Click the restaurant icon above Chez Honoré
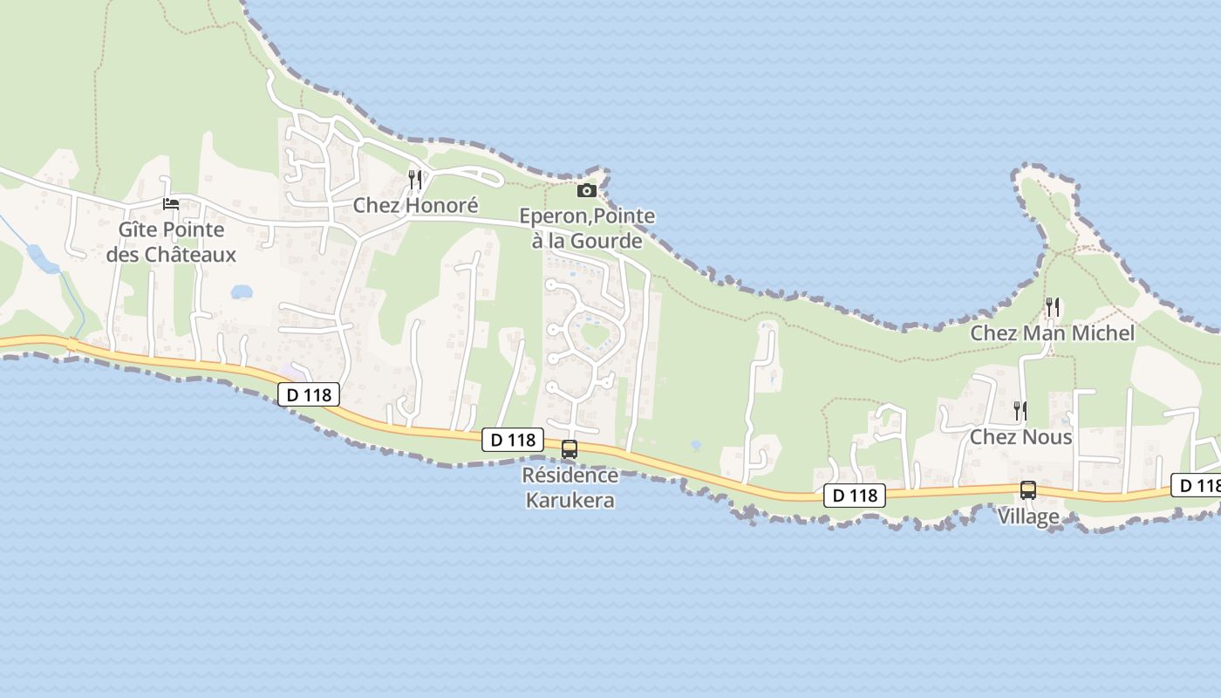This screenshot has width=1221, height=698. point(415,180)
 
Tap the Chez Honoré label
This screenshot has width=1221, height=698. point(415,206)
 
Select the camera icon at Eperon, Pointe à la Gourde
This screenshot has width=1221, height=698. point(587,190)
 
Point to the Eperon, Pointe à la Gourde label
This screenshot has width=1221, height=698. point(587,228)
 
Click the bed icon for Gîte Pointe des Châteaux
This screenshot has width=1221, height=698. point(171,204)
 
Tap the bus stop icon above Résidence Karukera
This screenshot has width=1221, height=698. point(569,449)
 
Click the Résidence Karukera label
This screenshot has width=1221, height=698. point(570,488)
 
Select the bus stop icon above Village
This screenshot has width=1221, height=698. point(1028,490)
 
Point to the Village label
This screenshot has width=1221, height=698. point(1028,517)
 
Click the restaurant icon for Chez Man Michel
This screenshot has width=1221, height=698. point(1053,307)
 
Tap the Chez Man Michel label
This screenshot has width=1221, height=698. point(1053,333)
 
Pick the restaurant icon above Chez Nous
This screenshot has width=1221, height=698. point(1019,410)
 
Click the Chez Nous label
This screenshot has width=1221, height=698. point(1020,436)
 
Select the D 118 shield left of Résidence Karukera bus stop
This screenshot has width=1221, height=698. point(513,440)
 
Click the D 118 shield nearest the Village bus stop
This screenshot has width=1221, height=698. point(855,496)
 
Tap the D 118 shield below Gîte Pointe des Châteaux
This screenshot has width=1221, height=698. point(309,394)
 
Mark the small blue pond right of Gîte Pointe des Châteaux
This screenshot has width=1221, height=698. point(242,291)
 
